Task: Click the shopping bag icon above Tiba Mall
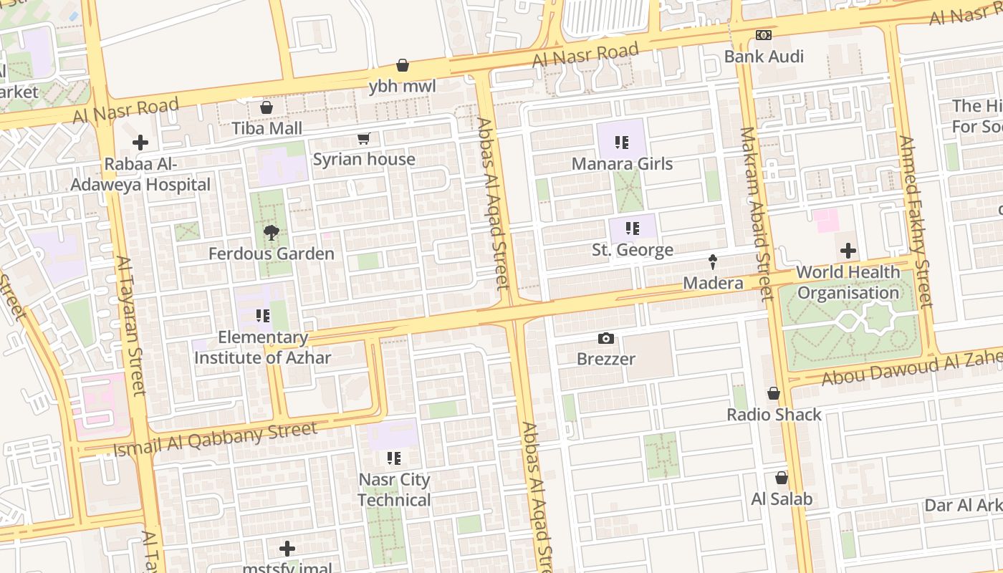(x=267, y=107)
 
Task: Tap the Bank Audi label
(x=764, y=56)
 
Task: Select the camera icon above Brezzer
(x=606, y=338)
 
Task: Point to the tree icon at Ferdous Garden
(x=271, y=232)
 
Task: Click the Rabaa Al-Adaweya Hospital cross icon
(x=140, y=143)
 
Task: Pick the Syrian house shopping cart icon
(x=363, y=138)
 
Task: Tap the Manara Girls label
(x=622, y=163)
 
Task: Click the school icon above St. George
(x=632, y=228)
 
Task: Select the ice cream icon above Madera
(x=713, y=261)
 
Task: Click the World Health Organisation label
(x=848, y=282)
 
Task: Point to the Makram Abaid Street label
(x=756, y=213)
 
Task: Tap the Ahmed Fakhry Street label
(x=916, y=221)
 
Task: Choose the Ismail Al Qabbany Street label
(x=215, y=440)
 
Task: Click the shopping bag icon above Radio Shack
(x=774, y=393)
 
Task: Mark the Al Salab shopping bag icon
(x=782, y=478)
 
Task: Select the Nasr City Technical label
(x=394, y=489)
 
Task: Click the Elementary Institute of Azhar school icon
(x=262, y=316)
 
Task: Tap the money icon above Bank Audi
(x=764, y=35)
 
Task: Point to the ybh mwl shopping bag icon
(x=403, y=65)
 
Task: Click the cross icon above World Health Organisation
(x=848, y=251)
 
